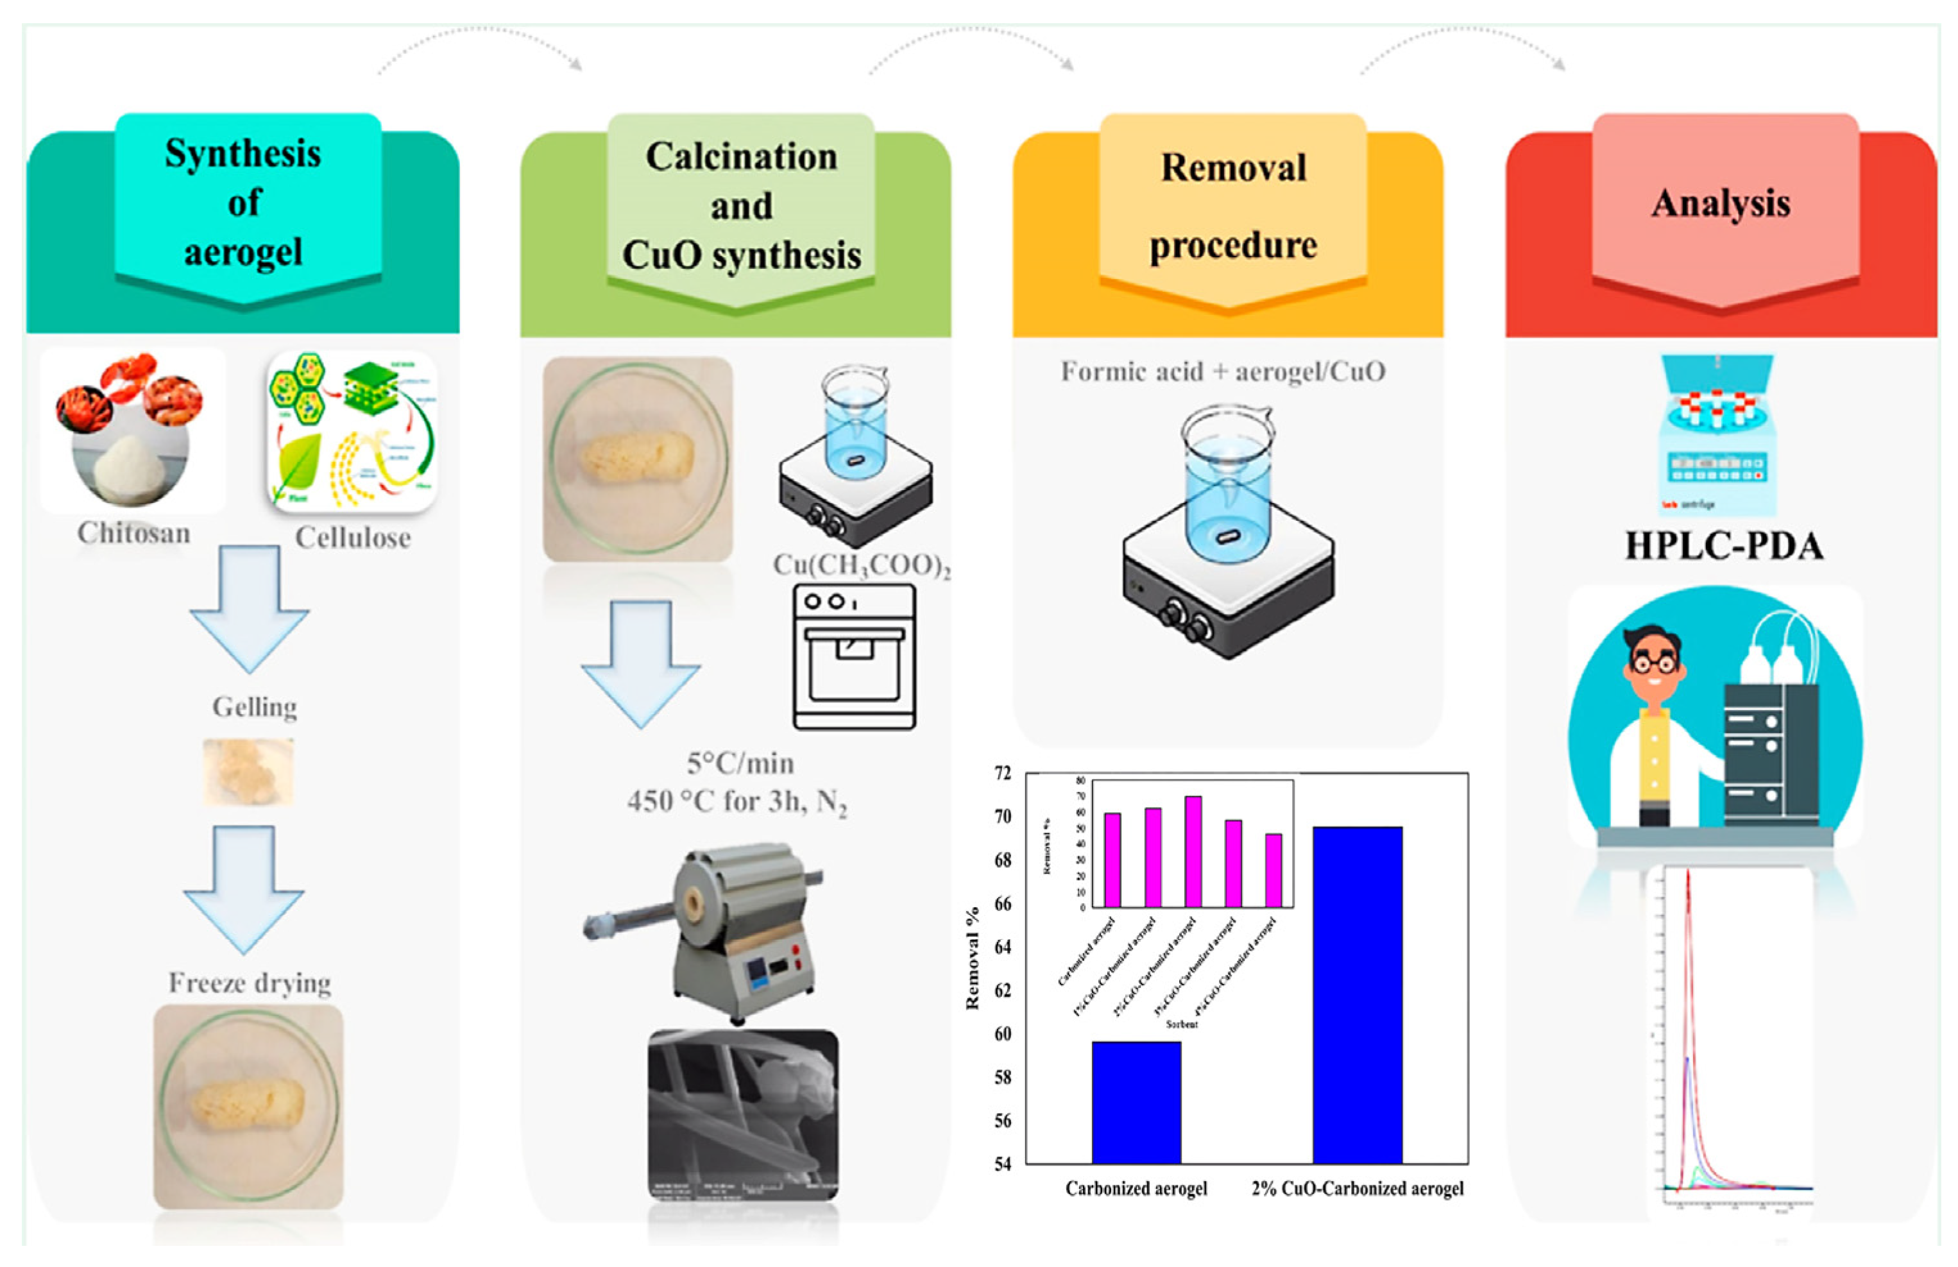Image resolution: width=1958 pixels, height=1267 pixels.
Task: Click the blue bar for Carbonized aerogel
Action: (1136, 1103)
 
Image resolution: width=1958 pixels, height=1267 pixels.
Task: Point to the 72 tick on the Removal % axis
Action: (1002, 774)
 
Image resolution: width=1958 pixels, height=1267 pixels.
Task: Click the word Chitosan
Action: (134, 533)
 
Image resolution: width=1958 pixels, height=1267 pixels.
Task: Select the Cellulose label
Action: (353, 538)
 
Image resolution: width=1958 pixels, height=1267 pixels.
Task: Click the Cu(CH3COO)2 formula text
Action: (860, 565)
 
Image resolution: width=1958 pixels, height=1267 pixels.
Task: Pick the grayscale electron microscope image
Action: (743, 1115)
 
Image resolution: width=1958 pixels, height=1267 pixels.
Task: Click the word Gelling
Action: (254, 707)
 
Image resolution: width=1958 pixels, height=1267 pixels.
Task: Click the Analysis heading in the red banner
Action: (1721, 203)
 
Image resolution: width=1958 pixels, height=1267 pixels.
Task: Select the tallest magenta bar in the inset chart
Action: (1193, 851)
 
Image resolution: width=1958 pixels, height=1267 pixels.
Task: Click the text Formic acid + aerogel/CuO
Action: (1223, 372)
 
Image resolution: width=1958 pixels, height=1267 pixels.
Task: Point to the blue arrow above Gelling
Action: (250, 609)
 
